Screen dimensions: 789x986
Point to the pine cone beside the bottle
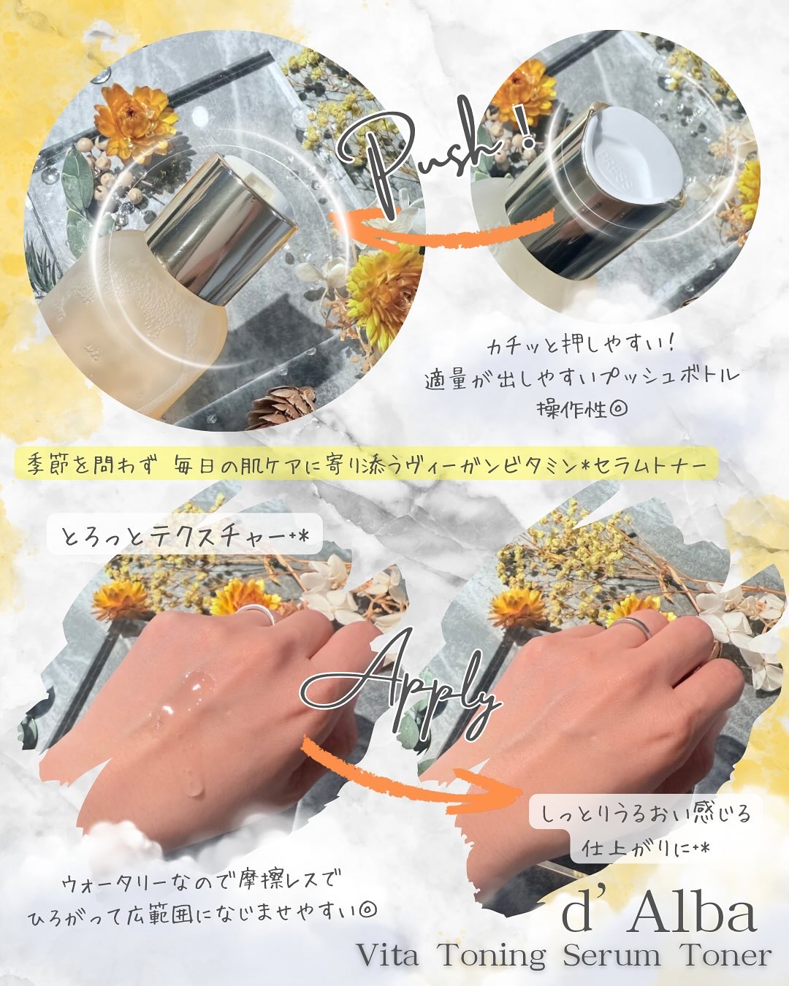point(281,405)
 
